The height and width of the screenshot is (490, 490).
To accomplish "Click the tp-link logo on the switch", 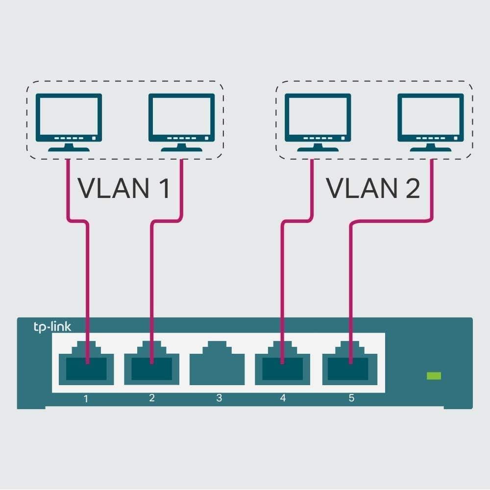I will (52, 327).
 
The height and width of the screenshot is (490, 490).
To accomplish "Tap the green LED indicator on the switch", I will (434, 376).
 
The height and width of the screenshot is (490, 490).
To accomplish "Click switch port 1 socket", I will (86, 365).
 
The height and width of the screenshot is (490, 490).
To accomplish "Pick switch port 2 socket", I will (151, 365).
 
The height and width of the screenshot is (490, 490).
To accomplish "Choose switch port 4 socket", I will (282, 365).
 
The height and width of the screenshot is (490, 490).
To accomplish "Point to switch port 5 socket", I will (350, 365).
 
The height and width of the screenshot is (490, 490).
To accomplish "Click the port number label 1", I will (86, 398).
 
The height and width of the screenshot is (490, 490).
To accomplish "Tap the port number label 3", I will (219, 398).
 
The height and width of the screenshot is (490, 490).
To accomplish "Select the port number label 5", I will (351, 398).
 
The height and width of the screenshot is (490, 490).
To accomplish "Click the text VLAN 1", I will (124, 188).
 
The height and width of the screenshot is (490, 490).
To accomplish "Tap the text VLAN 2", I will (373, 188).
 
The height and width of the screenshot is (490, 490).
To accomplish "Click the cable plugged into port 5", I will (350, 284).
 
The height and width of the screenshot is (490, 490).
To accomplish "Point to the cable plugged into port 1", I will (88, 284).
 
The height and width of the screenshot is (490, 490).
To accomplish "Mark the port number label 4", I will (283, 398).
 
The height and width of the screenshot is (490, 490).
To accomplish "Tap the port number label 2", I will (151, 398).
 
